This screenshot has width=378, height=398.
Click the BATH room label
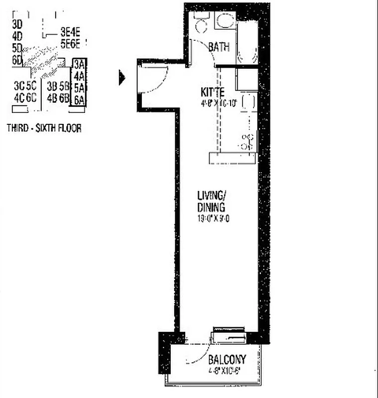(x=219, y=47)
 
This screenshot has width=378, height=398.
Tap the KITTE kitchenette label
(x=213, y=92)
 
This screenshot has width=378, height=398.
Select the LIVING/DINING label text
(x=211, y=202)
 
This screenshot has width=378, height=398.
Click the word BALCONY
(x=227, y=359)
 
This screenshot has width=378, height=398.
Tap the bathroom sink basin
(x=225, y=21)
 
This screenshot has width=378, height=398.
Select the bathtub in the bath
(x=247, y=42)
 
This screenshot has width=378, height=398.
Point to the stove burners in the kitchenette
(x=248, y=141)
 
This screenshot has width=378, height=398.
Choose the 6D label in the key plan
(x=17, y=60)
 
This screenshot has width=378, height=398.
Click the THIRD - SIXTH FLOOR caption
(x=44, y=128)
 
